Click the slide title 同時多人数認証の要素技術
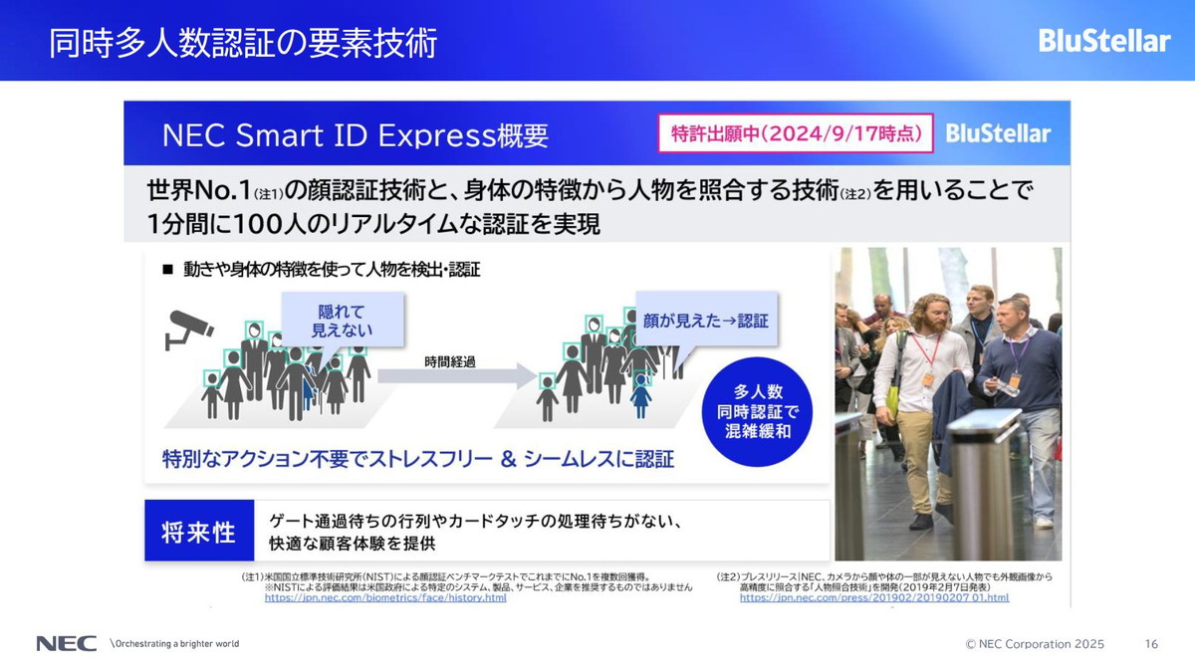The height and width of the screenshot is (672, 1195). point(243,44)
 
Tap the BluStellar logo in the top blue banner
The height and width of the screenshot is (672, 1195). point(1104,41)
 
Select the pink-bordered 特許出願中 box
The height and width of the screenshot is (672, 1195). point(795,133)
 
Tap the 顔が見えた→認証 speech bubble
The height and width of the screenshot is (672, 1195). point(705,321)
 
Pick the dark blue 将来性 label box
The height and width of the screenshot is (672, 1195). point(198,532)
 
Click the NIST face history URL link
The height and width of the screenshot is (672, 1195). point(385,598)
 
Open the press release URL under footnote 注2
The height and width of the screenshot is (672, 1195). point(874,598)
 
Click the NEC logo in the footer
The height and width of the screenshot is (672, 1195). point(67,643)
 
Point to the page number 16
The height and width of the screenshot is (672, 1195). point(1151,644)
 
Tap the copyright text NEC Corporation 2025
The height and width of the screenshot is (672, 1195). point(1035,644)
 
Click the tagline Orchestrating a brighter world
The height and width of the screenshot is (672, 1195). point(174,644)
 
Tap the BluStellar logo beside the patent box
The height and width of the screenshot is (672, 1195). point(998,133)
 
